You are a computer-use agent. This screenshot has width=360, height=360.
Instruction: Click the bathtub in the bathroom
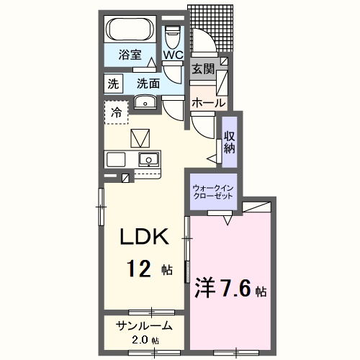[130, 30]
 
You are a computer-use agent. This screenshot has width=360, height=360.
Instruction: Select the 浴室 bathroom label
[130, 55]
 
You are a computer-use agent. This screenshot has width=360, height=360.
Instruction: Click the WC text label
[174, 55]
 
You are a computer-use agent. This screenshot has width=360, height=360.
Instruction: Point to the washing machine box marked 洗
[113, 84]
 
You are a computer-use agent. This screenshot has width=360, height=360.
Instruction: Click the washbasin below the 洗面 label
[145, 102]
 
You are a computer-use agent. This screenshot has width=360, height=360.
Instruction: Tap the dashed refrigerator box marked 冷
[117, 112]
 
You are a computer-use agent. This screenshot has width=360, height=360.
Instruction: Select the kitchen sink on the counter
[149, 159]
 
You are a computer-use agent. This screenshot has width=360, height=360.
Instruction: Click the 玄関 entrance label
[203, 69]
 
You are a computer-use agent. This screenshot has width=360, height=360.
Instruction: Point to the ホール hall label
[209, 103]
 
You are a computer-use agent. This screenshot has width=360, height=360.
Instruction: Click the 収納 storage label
[230, 142]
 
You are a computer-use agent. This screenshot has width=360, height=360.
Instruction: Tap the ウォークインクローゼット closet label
[213, 192]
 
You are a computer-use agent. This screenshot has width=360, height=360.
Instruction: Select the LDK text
[144, 236]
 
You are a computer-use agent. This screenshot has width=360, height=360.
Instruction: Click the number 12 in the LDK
[138, 269]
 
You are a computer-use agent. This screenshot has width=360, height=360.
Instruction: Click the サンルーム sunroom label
[144, 326]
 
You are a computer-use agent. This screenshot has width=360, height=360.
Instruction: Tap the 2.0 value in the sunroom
[140, 341]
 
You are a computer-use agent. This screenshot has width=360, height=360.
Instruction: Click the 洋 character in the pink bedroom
[204, 288]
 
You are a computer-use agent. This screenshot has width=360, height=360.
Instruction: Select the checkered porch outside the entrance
[210, 28]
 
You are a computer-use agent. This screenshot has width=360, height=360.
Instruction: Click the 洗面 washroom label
[148, 84]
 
